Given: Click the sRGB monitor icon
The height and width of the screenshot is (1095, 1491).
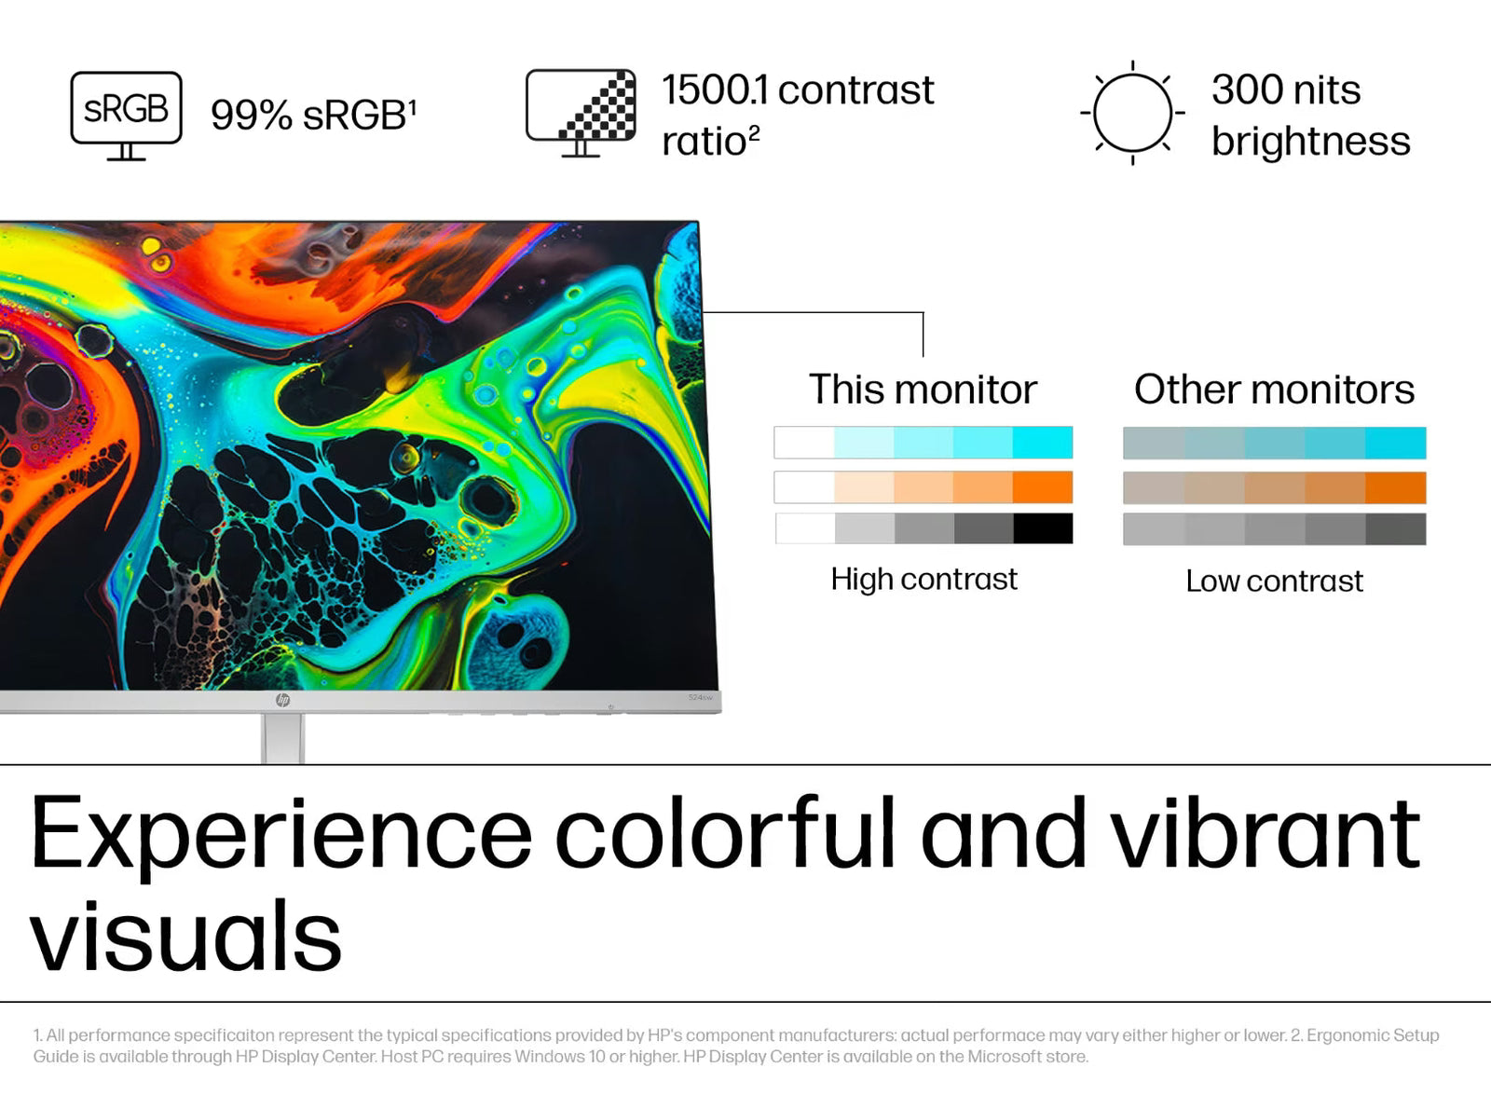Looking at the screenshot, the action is point(126,115).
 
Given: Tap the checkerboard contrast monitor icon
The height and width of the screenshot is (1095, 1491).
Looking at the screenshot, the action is point(581,112).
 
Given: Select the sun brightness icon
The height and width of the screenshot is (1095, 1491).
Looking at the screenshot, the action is point(1132,113).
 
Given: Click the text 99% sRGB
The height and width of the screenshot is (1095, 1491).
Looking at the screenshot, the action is point(313,115).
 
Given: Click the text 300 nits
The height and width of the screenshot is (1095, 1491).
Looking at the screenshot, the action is point(1286,89).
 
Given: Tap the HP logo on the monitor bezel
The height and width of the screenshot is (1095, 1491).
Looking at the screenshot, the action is point(282,700).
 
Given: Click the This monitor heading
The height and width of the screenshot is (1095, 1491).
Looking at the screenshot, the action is point(923,389).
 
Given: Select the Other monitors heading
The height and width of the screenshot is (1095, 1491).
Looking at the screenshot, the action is point(1274,389).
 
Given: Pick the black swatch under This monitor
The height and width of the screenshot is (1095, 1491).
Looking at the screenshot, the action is point(1043,527).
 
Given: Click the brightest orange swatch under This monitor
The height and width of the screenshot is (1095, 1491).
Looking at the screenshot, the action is point(1043,486).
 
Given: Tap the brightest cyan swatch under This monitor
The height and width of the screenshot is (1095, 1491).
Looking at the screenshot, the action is point(1043,442).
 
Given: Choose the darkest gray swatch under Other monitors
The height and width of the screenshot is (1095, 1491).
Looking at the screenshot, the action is point(1396,529).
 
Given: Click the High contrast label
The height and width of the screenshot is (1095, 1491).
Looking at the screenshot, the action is point(923,579).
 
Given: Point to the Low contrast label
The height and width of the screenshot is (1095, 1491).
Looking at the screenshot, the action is point(1274,582).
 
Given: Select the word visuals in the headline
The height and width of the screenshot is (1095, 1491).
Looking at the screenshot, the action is point(185,935).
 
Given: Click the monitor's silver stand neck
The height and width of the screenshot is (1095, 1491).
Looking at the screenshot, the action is point(282,738).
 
